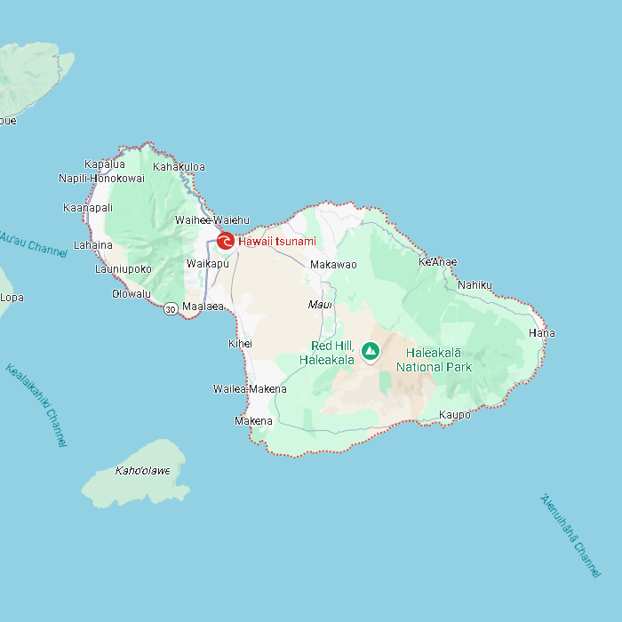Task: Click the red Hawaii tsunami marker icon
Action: tap(226, 241)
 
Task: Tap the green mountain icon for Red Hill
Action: tap(371, 351)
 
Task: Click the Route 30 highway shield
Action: tap(170, 309)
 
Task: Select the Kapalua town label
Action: tap(105, 163)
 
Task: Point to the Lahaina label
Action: tap(93, 244)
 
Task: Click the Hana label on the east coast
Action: tap(541, 333)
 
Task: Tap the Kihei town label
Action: tap(240, 343)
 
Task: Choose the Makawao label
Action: tap(333, 265)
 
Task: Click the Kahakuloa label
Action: tap(179, 166)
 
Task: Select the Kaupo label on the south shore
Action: tap(455, 415)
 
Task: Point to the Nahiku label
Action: tap(474, 285)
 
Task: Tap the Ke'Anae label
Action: tap(437, 262)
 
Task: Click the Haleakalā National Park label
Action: tap(434, 360)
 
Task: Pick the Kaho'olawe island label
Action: tap(142, 470)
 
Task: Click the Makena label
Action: tap(253, 420)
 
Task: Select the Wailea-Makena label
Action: tap(250, 388)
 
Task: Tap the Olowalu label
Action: tap(132, 294)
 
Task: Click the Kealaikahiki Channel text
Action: tap(36, 404)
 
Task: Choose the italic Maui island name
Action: tap(319, 305)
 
